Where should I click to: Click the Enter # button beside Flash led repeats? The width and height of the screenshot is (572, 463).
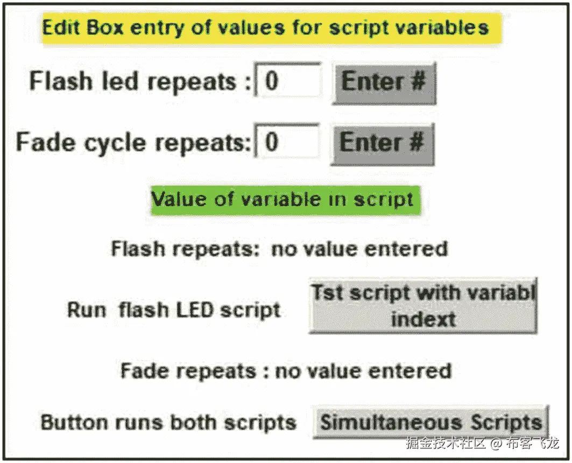(384, 83)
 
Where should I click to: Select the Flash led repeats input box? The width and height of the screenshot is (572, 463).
(288, 81)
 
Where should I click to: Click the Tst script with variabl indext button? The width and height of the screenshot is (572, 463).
(423, 306)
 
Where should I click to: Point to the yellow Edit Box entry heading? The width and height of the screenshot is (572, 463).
(266, 27)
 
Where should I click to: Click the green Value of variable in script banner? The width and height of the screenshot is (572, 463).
(283, 199)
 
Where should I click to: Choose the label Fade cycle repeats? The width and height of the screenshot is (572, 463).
(134, 143)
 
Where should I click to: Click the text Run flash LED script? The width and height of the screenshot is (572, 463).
(173, 310)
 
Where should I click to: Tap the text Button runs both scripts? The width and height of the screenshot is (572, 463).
(168, 422)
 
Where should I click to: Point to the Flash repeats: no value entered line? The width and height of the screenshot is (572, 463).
(279, 249)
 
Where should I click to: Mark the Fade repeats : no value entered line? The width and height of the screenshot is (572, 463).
(286, 371)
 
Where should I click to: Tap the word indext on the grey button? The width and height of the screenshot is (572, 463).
(423, 319)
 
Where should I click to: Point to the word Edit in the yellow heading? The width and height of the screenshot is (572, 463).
(62, 27)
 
